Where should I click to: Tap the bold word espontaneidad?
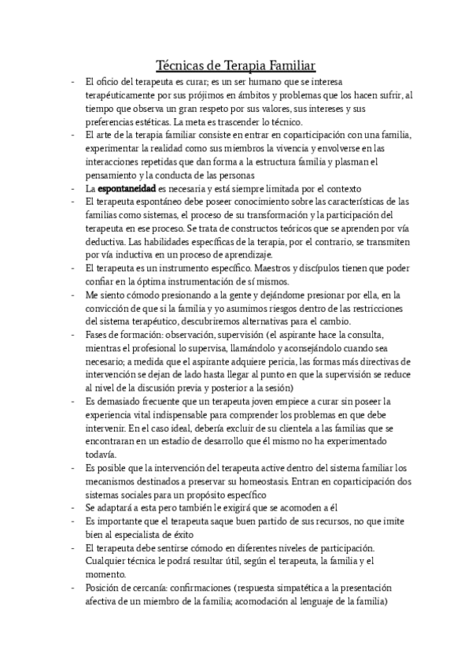131,189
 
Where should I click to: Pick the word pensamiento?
111,175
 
